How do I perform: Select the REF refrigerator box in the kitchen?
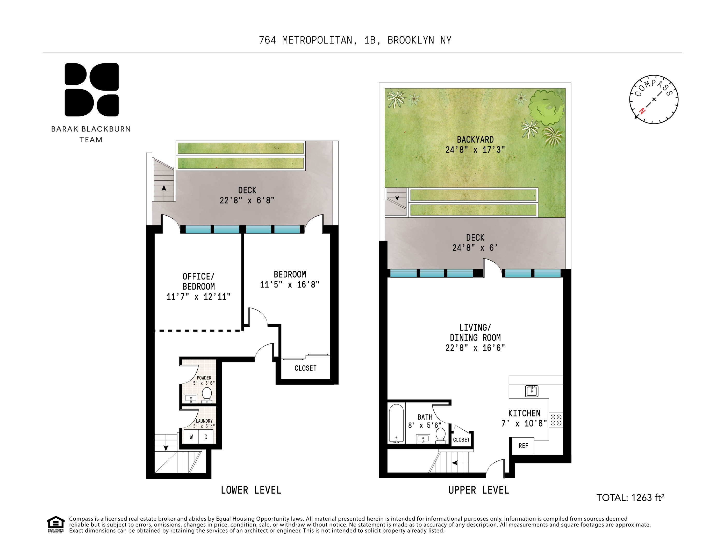pyautogui.click(x=523, y=446)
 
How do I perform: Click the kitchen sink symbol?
pyautogui.click(x=531, y=391)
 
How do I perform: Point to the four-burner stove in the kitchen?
pyautogui.click(x=556, y=420)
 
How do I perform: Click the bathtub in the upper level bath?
pyautogui.click(x=396, y=423)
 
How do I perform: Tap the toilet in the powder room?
pyautogui.click(x=207, y=394)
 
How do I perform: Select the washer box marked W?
pyautogui.click(x=191, y=437)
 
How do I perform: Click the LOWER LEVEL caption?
pyautogui.click(x=251, y=490)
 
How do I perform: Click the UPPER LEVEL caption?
pyautogui.click(x=478, y=490)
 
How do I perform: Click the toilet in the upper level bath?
pyautogui.click(x=440, y=435)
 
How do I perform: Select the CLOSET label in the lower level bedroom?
pyautogui.click(x=305, y=368)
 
